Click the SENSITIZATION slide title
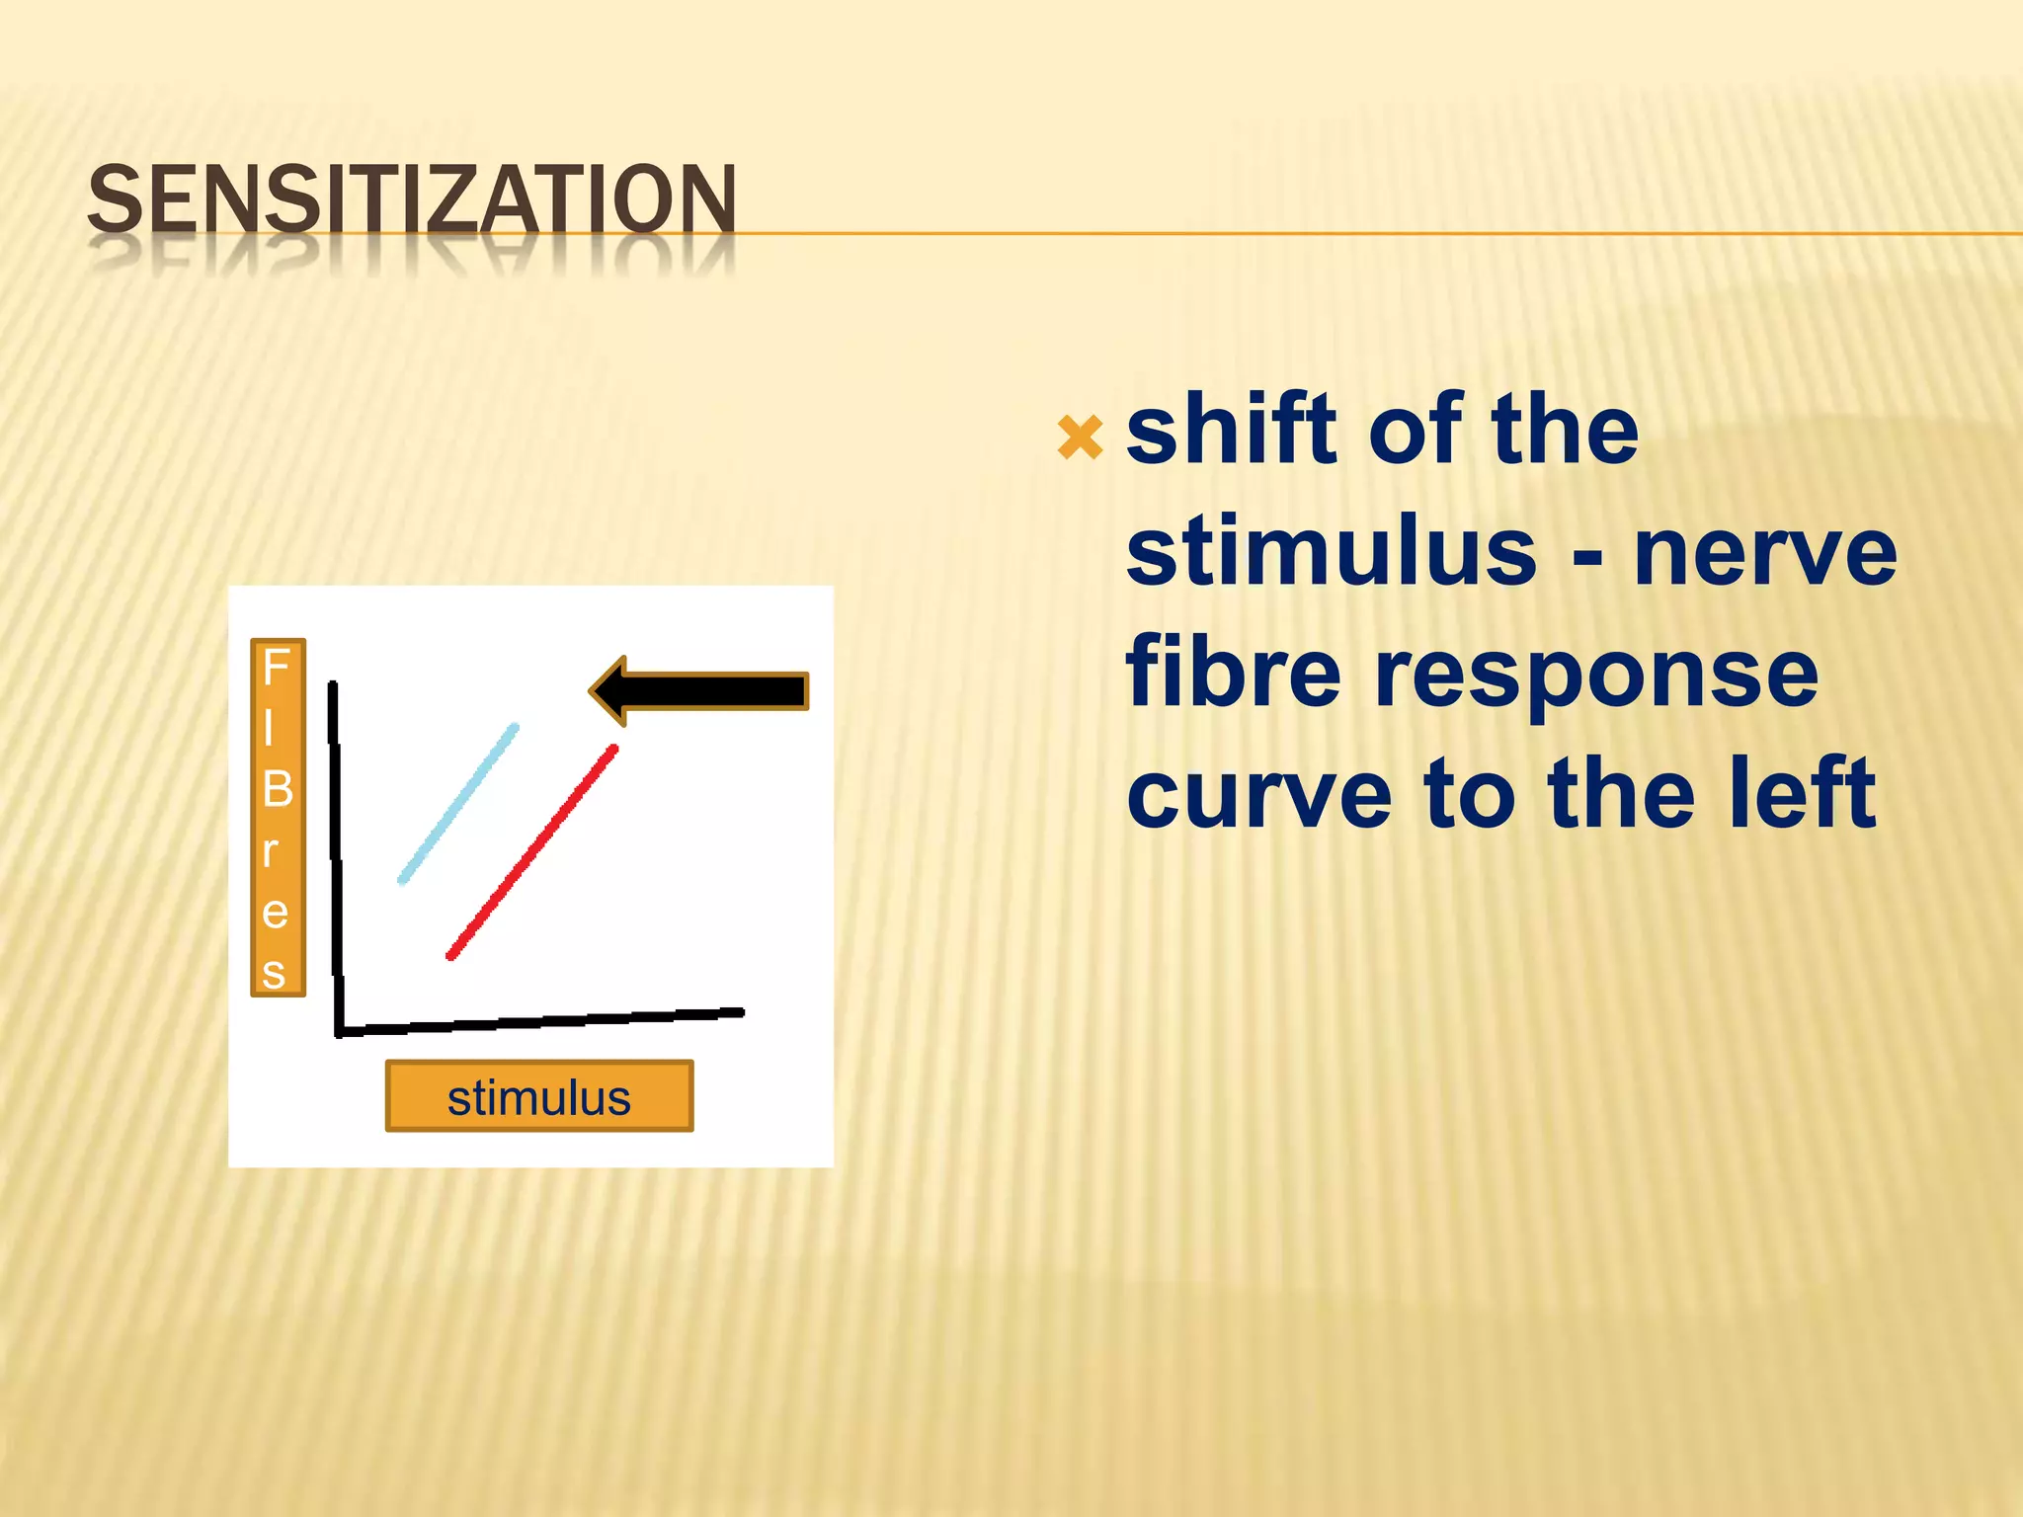coord(412,200)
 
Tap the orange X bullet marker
coord(1079,438)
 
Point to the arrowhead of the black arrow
coord(608,690)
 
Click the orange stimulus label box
coord(538,1096)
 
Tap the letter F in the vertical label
coord(276,669)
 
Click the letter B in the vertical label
coord(278,789)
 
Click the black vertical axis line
coord(336,859)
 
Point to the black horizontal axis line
coord(541,1021)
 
